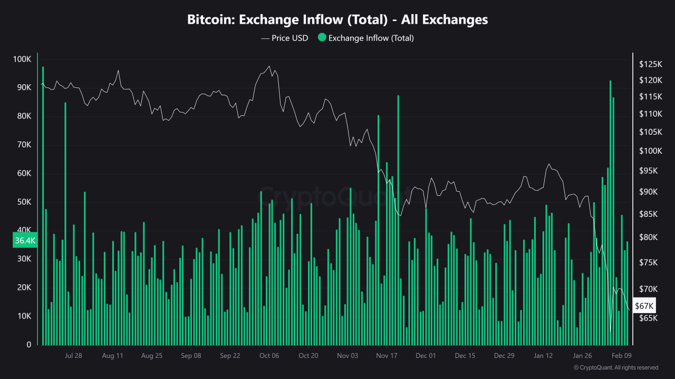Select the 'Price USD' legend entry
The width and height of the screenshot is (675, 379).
coord(284,38)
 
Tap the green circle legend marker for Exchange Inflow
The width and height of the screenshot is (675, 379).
coord(322,38)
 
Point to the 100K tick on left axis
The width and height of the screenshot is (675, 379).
coord(22,59)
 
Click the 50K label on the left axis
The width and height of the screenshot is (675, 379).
coord(22,202)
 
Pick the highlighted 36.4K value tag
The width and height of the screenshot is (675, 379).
coord(25,241)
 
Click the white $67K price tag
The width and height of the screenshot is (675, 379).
coord(644,306)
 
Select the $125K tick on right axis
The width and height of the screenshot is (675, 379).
coord(650,64)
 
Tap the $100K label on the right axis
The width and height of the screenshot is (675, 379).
coord(650,151)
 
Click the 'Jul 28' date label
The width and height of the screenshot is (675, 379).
coord(73,355)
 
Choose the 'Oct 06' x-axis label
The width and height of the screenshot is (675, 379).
coord(269,355)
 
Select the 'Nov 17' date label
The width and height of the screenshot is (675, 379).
coord(387,355)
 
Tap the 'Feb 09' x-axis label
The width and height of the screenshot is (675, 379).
coord(621,355)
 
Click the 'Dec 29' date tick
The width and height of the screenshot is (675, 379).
coord(504,355)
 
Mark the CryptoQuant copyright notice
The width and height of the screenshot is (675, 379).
coord(615,367)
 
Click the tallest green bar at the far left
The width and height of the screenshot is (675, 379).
coord(43,205)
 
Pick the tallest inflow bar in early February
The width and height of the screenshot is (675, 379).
coord(610,211)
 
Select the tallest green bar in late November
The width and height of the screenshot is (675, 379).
coord(398,221)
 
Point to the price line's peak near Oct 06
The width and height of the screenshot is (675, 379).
coord(269,66)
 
